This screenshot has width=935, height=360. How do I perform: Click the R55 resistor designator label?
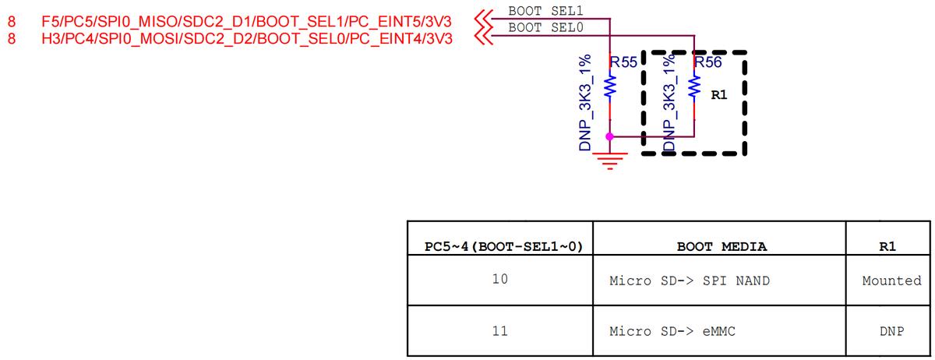coord(623,62)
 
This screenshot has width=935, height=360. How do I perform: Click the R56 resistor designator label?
coord(708,62)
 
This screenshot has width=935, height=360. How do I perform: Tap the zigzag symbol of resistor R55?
coord(610,87)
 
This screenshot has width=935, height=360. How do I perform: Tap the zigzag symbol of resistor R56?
coord(694,87)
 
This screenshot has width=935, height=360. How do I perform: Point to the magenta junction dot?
coord(610,136)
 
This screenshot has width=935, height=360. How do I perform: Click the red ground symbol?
coord(610,161)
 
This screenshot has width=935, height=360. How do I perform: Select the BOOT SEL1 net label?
coord(545,11)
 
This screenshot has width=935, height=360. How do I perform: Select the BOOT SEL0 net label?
coord(545,27)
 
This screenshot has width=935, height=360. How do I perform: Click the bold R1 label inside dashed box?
coord(718,95)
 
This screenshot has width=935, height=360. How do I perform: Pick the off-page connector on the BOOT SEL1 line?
coord(484,19)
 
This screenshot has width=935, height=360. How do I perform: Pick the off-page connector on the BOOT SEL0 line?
coord(484,36)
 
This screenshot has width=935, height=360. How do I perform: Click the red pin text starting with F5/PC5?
coord(247,22)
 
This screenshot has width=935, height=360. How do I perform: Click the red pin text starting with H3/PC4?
coord(247,39)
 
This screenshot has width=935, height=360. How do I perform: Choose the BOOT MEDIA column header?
coord(722,246)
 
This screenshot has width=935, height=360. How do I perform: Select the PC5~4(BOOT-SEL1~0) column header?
coord(503,246)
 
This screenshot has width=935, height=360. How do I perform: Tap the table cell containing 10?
coord(499,279)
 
